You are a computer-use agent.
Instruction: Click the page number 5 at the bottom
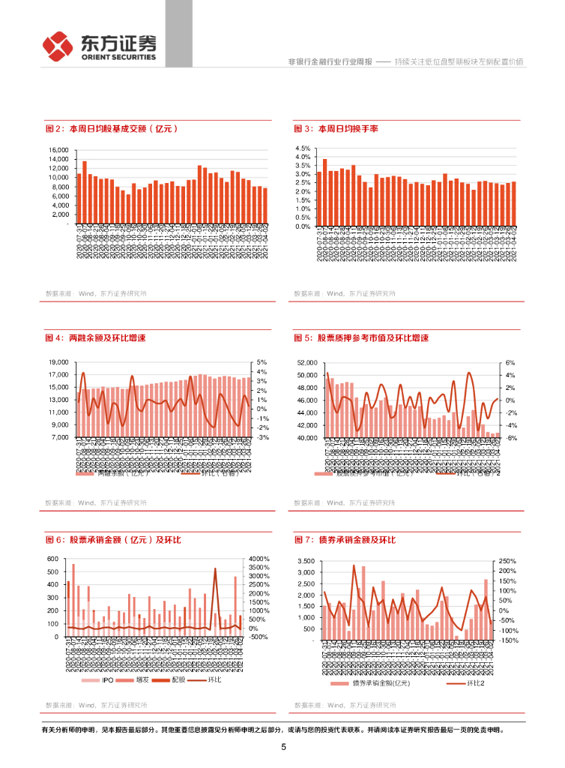tap(283, 747)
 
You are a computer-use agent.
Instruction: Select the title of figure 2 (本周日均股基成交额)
tap(112, 129)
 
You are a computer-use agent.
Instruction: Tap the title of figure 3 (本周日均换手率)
tap(336, 129)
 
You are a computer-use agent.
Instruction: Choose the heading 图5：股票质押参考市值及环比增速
tap(362, 338)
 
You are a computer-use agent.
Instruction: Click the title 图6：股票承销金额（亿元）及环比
tap(114, 540)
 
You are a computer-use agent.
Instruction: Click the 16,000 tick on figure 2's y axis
tap(58, 150)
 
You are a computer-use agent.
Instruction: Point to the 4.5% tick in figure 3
tap(302, 148)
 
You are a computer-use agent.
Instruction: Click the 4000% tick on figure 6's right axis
tap(259, 559)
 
